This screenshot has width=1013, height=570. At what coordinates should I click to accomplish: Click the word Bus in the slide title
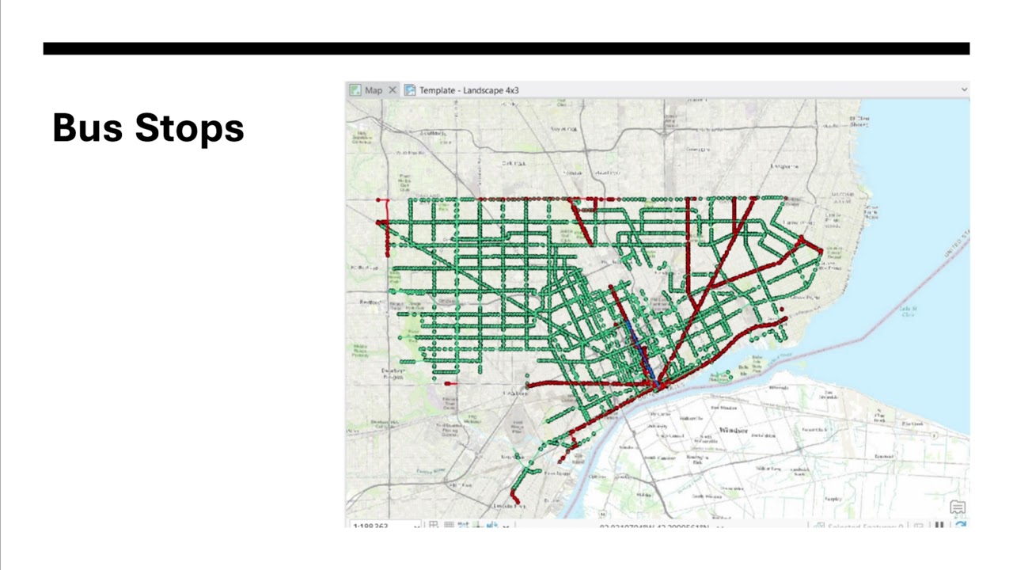(x=86, y=127)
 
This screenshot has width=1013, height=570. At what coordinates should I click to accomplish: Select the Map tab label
(x=373, y=90)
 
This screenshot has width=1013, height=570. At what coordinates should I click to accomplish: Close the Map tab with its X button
(x=393, y=90)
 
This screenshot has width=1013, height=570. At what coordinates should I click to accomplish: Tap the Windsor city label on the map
(x=733, y=430)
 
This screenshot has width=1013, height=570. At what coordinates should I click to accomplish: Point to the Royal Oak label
(x=564, y=128)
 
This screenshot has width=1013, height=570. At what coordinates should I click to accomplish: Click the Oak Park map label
(x=514, y=163)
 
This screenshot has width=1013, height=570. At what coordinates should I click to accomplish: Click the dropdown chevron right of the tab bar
(x=964, y=90)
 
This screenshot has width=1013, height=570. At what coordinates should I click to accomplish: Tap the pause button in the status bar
(x=939, y=526)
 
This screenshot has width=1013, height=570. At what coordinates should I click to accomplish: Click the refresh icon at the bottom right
(x=960, y=526)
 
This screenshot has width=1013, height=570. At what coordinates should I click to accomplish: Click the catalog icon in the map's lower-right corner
(x=957, y=507)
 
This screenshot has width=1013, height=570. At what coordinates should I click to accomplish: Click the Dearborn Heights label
(x=393, y=373)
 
